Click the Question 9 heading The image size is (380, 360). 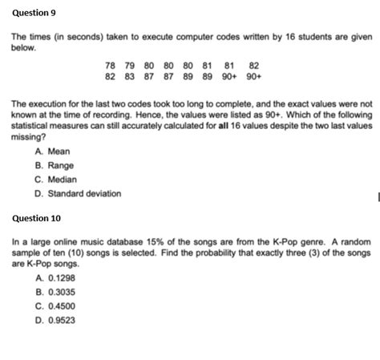pyautogui.click(x=33, y=14)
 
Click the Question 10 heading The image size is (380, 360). pyautogui.click(x=35, y=218)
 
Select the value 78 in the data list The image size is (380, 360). pyautogui.click(x=111, y=66)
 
